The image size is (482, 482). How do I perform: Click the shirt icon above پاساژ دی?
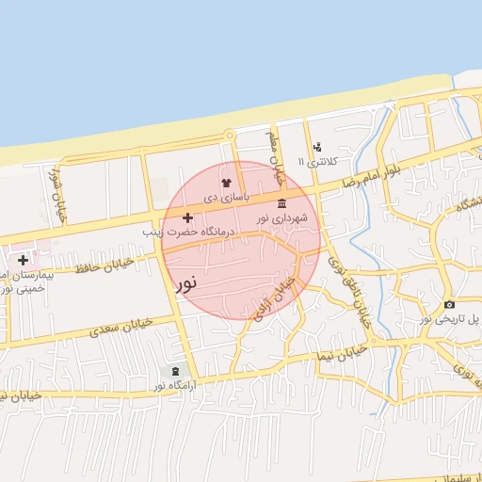click(x=225, y=183)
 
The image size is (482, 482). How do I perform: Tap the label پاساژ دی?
click(x=226, y=199)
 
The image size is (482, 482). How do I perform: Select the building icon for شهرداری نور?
click(x=282, y=204)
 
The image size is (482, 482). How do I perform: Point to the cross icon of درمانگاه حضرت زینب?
click(x=187, y=217)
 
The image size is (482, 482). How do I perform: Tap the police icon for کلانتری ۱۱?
click(x=317, y=147)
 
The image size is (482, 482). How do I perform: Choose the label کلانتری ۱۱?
click(x=314, y=162)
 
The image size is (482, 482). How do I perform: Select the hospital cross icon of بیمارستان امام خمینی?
click(x=23, y=260)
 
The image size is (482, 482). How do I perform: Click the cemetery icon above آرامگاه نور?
click(x=174, y=372)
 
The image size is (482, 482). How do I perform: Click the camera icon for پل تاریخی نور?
click(x=449, y=304)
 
